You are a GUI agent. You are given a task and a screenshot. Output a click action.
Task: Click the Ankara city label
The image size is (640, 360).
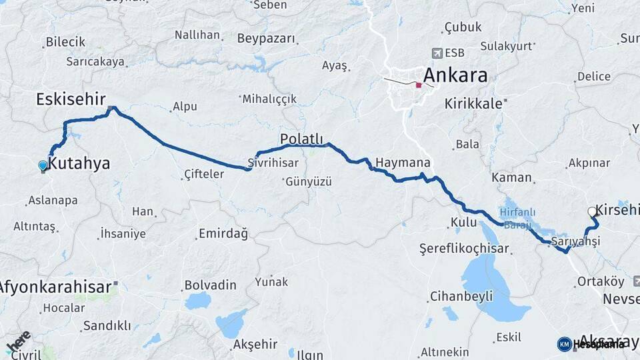pos(455,75)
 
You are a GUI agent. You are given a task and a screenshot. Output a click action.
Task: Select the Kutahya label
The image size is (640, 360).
pos(79,163)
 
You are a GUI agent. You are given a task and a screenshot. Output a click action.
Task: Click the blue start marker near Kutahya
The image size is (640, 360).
pos(43,165)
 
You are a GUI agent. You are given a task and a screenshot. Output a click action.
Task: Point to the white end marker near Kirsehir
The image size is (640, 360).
pos(592,212)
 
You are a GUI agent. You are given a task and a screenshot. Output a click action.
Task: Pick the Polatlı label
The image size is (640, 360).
pos(301,139)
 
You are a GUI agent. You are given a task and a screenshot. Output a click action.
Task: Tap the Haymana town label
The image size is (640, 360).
pos(403,163)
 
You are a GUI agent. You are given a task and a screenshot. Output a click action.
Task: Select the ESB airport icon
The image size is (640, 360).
pos(437,53)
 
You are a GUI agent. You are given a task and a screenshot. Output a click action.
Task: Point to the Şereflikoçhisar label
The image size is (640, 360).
pos(464,249)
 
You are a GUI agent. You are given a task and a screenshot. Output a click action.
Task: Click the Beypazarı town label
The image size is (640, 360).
pos(266,39)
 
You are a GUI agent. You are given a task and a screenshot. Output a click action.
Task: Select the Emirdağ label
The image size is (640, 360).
pos(223,234)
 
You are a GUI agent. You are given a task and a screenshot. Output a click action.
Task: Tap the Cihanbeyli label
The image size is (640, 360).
pos(461,296)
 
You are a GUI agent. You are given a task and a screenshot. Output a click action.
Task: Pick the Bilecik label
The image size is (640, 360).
pos(65,42)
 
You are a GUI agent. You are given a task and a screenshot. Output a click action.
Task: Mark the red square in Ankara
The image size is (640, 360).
pos(419,85)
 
